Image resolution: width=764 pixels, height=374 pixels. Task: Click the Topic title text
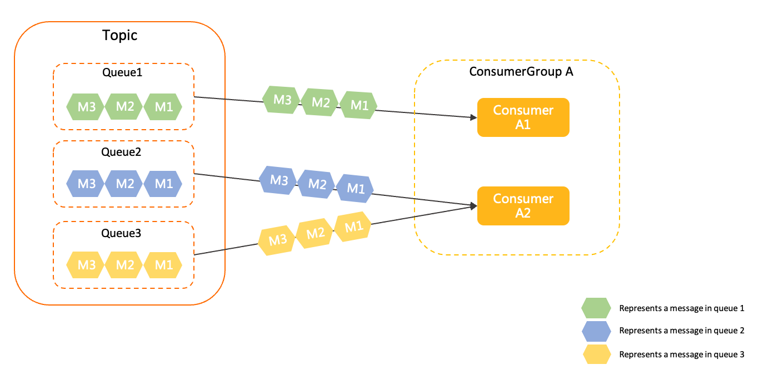tap(119, 36)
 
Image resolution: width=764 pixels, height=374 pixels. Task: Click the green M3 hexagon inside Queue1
tap(86, 107)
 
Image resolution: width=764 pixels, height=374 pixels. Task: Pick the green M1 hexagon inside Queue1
tap(163, 107)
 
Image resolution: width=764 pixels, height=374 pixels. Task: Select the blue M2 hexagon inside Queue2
tap(124, 184)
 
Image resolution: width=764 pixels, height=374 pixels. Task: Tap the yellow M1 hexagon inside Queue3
tap(163, 265)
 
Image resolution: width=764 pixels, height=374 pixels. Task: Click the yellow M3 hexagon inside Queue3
tap(86, 265)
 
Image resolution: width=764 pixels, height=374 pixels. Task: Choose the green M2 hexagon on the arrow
tap(320, 102)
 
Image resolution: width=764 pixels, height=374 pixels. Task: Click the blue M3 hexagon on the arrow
tap(279, 180)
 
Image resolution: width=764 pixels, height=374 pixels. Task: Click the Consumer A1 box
tap(523, 117)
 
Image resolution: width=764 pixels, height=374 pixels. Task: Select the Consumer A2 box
tap(523, 206)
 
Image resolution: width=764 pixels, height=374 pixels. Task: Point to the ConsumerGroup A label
tap(521, 71)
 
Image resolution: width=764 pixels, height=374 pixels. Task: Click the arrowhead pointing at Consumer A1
tap(473, 117)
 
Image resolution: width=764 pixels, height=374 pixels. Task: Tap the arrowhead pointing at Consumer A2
tap(473, 206)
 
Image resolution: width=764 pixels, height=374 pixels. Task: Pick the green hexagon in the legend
tap(596, 308)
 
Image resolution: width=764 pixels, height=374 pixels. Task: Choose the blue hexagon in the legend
tap(596, 331)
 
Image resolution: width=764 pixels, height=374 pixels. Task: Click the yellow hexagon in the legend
tap(596, 354)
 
